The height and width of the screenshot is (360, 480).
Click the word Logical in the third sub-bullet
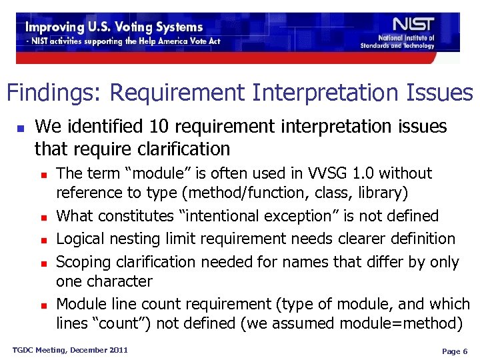tap(83, 238)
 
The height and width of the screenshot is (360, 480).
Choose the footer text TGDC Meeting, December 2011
tap(70, 350)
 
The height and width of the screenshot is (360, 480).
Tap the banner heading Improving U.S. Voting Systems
tap(114, 27)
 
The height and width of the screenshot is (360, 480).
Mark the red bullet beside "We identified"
tap(21, 127)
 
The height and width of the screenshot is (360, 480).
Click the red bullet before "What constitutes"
tap(44, 217)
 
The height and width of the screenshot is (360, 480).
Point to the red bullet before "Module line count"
tap(44, 305)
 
